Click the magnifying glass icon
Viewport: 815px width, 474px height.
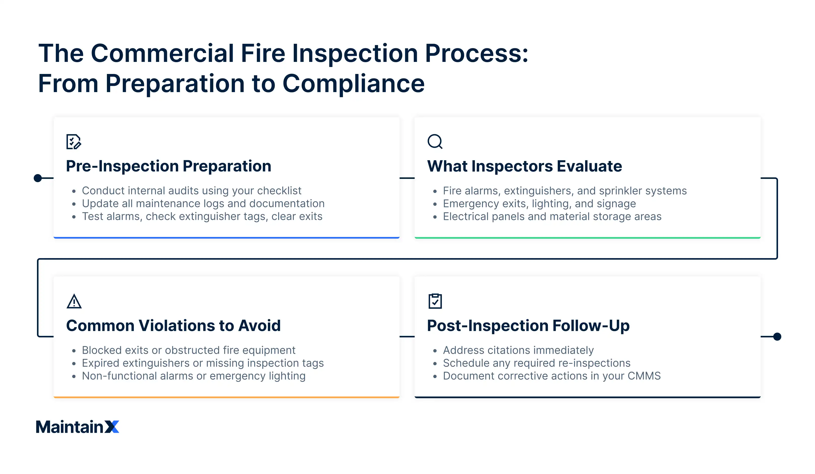click(x=435, y=141)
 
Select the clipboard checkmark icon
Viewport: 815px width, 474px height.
click(x=435, y=301)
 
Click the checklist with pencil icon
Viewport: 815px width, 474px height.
click(x=73, y=141)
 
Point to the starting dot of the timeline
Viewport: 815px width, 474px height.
click(x=38, y=178)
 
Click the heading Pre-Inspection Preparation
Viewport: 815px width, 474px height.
click(x=169, y=166)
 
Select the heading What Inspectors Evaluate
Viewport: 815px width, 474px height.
click(x=524, y=166)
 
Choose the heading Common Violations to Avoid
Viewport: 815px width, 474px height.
click(x=173, y=326)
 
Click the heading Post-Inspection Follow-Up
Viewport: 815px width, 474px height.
click(x=528, y=326)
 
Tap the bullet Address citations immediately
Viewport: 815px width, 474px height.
click(x=518, y=350)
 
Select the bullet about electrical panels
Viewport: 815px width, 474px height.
click(x=552, y=216)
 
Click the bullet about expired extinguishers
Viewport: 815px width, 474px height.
click(x=203, y=363)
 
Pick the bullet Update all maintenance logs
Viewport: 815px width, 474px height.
click(x=203, y=204)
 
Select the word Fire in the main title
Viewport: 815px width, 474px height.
click(x=263, y=53)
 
